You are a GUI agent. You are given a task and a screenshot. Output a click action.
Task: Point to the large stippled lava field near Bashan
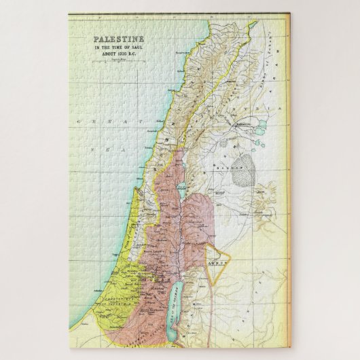[x=242, y=175]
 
